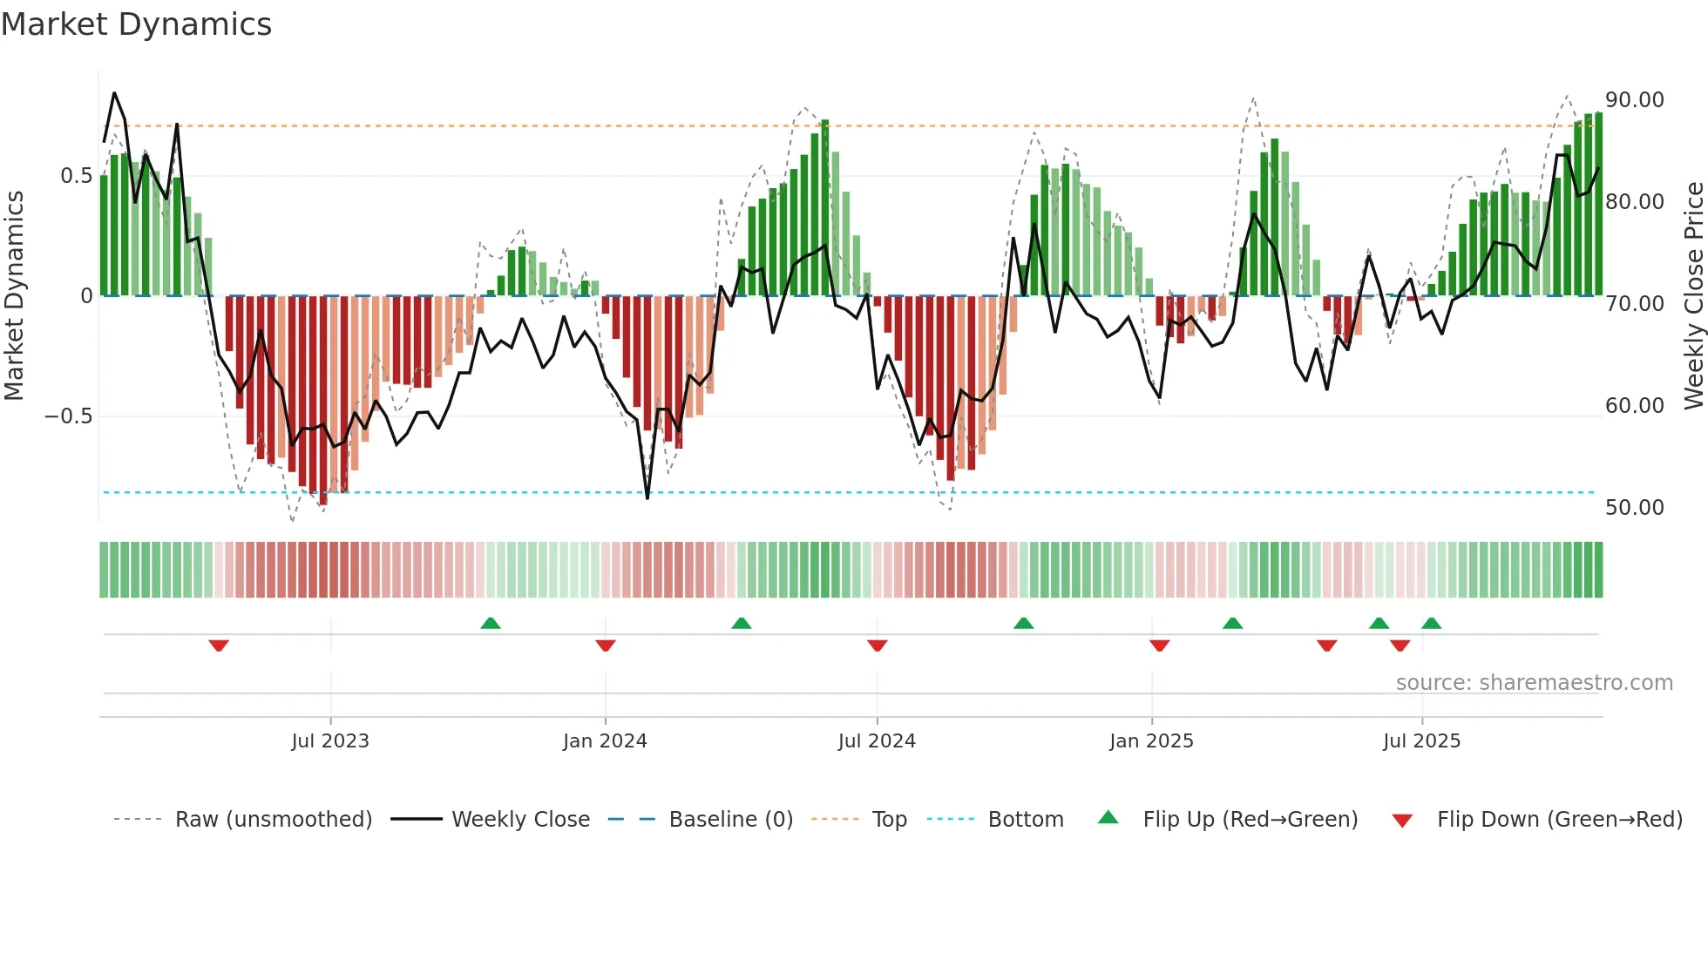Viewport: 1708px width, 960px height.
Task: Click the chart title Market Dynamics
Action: tap(136, 24)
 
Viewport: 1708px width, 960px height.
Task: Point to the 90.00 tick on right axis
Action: tap(1634, 100)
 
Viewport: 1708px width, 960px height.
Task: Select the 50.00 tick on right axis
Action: tap(1634, 508)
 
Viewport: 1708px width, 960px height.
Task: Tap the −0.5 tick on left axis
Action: tap(68, 416)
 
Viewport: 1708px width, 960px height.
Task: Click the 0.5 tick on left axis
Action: tap(76, 176)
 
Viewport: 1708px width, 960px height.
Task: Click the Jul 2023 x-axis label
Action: tap(330, 741)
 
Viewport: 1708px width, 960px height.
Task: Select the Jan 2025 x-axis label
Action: tap(1151, 741)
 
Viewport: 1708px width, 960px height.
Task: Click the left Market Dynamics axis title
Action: tap(15, 296)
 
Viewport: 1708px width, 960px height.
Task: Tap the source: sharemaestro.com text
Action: tap(1534, 683)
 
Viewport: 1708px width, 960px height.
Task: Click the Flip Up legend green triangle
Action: tap(1108, 817)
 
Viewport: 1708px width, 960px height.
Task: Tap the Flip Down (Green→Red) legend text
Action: tap(1559, 820)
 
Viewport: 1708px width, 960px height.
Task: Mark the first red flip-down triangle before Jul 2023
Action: tap(219, 646)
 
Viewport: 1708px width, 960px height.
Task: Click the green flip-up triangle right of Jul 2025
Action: tap(1431, 623)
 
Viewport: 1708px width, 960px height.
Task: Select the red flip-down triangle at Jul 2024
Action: tap(878, 646)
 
